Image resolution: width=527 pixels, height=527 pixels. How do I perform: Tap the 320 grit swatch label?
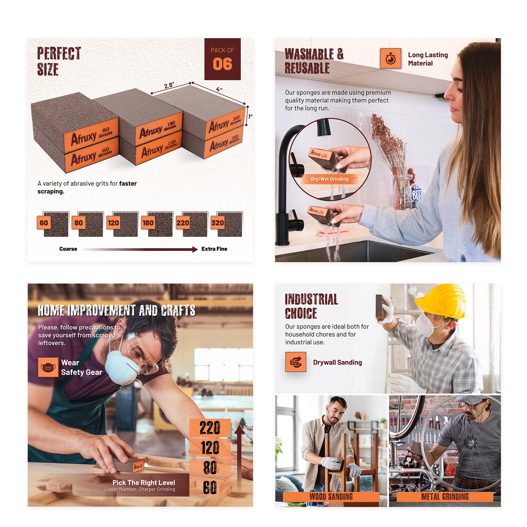coord(217,223)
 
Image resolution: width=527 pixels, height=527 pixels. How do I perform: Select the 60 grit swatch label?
coord(44,223)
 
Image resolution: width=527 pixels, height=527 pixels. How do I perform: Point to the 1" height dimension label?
coord(250,117)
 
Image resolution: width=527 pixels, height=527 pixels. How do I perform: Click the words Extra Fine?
coord(214,249)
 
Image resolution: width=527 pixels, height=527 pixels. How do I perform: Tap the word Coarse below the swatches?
coord(68,249)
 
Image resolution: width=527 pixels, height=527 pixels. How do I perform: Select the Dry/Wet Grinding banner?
coord(330,179)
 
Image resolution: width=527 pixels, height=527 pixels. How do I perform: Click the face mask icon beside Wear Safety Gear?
coord(48,367)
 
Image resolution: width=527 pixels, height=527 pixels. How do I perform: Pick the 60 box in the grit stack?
coord(210,487)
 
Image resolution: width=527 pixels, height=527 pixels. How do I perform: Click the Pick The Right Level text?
coord(144,483)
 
